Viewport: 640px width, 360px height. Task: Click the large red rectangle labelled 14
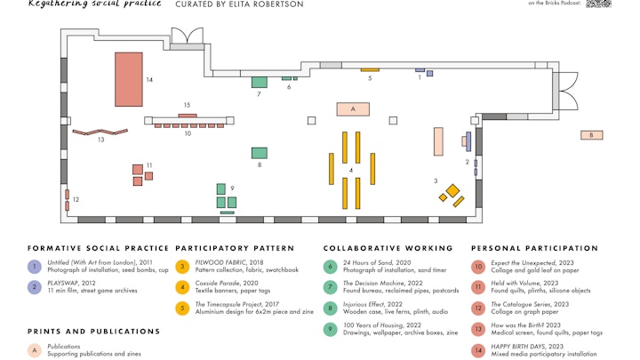128,78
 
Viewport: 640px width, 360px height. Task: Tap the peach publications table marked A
353,109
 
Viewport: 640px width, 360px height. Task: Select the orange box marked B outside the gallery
591,135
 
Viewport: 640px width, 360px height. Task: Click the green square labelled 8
259,153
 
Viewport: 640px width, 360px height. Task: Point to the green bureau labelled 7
259,82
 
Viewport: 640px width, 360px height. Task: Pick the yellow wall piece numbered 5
369,69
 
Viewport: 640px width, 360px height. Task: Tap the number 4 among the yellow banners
351,170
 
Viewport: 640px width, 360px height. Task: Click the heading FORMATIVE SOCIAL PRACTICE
98,248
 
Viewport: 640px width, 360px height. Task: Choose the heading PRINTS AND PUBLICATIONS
94,332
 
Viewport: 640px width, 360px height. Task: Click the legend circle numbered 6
331,266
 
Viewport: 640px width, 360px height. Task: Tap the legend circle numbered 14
479,350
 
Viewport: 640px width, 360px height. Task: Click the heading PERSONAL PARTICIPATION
534,248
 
